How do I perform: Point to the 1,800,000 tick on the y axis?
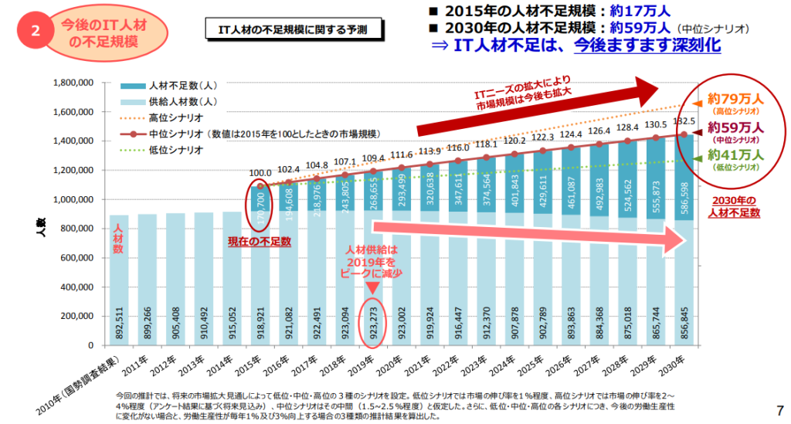[70, 83]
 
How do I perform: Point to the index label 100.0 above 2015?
[260, 174]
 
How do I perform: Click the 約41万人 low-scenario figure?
[735, 155]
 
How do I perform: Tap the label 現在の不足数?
[259, 242]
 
